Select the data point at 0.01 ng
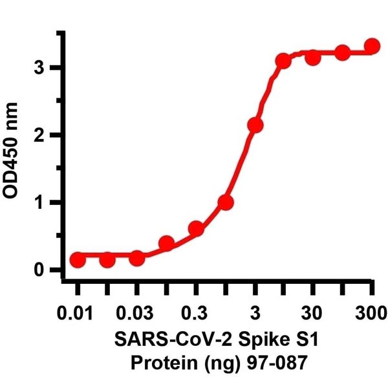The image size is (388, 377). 78,259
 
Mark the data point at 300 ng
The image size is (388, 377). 372,46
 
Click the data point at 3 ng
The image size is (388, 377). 255,125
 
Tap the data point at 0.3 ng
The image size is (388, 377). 196,229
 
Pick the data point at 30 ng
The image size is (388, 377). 313,58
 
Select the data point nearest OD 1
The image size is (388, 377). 226,202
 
